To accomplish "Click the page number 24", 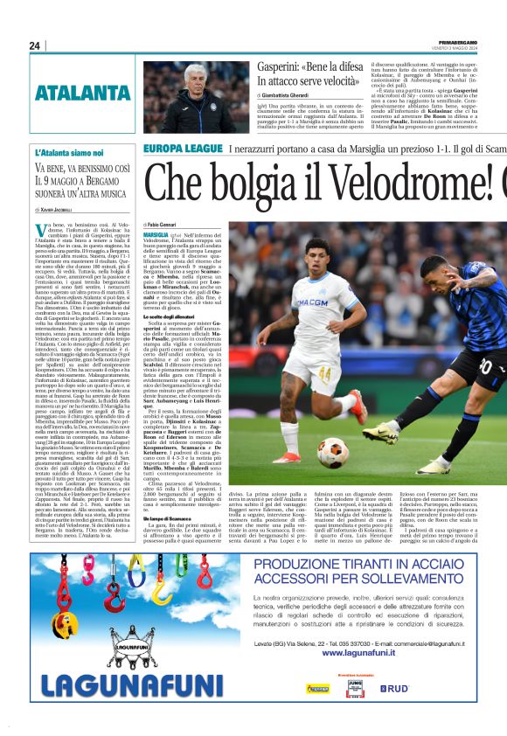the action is point(34,45).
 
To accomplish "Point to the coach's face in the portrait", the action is point(208,79).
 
